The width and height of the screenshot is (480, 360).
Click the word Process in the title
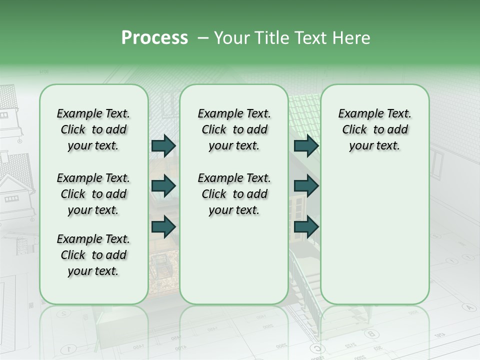(154, 38)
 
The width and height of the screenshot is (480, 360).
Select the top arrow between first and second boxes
(163, 146)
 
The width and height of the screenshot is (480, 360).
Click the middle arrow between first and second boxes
(163, 186)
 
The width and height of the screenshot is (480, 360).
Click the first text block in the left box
(93, 130)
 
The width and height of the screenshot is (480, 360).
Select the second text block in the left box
(93, 194)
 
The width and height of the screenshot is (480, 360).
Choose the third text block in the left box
(93, 255)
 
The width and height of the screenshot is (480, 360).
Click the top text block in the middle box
(234, 130)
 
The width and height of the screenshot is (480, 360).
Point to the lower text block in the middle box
(234, 194)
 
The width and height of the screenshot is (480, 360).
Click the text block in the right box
(374, 130)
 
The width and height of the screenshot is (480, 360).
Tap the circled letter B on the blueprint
(370, 333)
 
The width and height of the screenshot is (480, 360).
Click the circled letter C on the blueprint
(316, 348)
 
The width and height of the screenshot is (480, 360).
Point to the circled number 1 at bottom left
(69, 348)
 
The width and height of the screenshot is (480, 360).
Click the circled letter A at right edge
(468, 307)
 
